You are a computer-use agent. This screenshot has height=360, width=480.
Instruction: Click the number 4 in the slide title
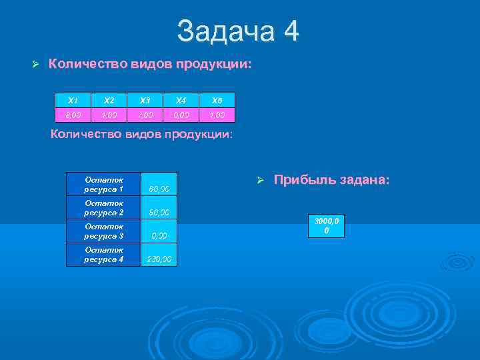(x=291, y=31)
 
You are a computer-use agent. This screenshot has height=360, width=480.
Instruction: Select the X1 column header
(x=73, y=100)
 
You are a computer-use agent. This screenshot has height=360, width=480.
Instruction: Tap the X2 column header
(x=109, y=100)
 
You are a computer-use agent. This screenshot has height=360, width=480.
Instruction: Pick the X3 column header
(x=145, y=100)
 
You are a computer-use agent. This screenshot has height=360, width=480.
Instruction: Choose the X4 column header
(x=181, y=100)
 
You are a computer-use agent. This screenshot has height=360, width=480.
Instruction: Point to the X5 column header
(x=217, y=100)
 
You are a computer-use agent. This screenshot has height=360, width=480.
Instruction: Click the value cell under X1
(x=73, y=115)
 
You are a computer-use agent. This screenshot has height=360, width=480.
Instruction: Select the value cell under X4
(x=181, y=115)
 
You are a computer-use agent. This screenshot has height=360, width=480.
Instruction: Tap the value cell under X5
(x=217, y=115)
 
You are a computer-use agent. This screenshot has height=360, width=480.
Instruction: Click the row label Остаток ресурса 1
(x=104, y=185)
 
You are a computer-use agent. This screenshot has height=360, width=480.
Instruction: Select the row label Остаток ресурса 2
(x=104, y=208)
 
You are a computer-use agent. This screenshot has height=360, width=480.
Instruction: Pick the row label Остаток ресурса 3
(x=104, y=231)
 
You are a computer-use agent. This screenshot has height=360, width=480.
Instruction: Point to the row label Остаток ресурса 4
(x=104, y=255)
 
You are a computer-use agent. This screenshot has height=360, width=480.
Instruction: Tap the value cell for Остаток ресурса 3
(x=159, y=235)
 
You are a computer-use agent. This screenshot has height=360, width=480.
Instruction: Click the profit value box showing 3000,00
(x=326, y=226)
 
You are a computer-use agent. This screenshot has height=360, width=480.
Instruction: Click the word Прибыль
(x=304, y=181)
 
